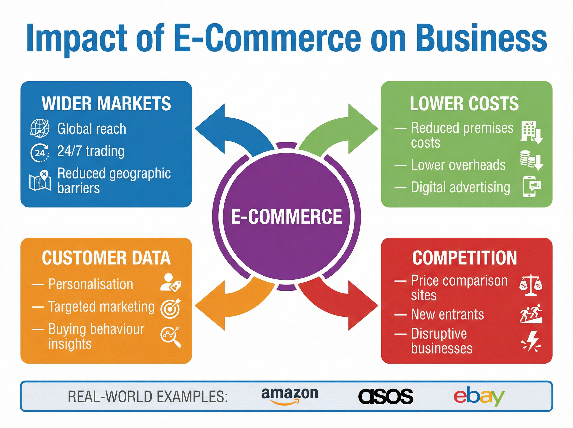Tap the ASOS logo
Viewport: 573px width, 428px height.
[x=386, y=396]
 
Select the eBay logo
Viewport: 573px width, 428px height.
[x=479, y=397]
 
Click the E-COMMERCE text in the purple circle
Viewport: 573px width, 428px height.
[x=286, y=217]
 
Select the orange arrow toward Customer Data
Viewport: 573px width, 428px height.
[x=228, y=303]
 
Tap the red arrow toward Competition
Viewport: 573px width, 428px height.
[x=344, y=303]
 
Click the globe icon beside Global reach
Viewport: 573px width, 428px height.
[x=40, y=128]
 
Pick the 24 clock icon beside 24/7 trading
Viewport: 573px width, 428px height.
[x=40, y=153]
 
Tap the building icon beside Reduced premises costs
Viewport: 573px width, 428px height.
[x=531, y=132]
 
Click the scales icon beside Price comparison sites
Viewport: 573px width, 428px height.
[x=531, y=285]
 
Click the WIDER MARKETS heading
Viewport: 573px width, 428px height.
[x=106, y=104]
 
